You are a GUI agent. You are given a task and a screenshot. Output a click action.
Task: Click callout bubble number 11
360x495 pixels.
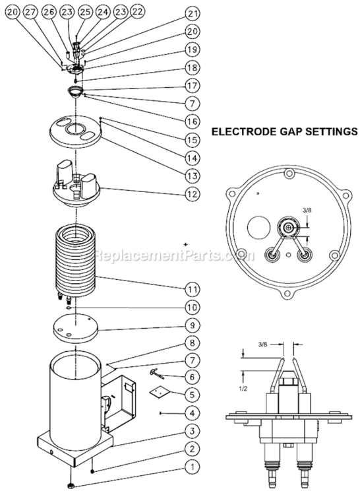point(192,288)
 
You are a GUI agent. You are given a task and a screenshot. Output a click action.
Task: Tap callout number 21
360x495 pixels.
point(192,13)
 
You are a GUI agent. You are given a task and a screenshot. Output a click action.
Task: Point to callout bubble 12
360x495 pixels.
point(192,194)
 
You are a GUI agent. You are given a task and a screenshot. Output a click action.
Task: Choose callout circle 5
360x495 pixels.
point(192,395)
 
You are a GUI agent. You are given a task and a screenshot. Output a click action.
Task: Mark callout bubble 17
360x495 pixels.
point(192,85)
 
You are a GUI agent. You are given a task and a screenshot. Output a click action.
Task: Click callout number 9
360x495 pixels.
point(192,325)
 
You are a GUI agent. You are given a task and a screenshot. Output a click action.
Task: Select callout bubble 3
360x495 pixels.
point(192,432)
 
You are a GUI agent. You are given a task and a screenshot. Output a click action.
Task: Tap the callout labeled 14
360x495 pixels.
point(192,158)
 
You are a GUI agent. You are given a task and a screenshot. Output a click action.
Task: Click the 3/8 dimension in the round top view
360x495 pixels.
point(306,210)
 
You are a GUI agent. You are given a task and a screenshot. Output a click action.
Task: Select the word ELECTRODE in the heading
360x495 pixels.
point(242,131)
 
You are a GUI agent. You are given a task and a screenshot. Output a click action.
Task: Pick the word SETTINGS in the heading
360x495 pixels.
point(328,131)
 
